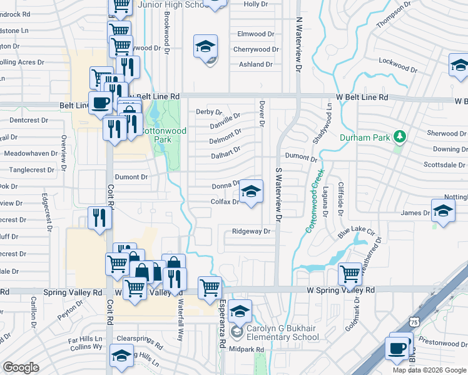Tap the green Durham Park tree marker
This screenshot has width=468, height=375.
click(x=398, y=137)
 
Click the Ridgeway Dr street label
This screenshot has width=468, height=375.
click(x=251, y=231)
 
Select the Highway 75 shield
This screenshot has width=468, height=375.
click(x=413, y=321)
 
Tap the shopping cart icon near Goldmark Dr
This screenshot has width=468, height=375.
click(x=350, y=273)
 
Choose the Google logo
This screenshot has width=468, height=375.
click(x=21, y=367)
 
